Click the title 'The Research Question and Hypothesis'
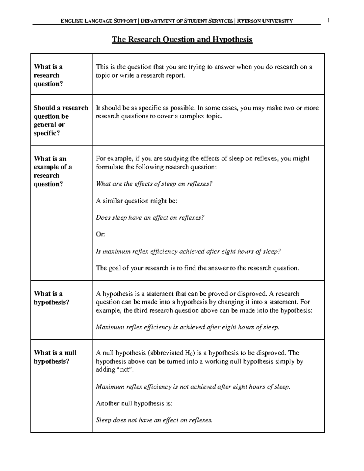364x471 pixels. [182, 40]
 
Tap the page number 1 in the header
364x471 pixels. [328, 21]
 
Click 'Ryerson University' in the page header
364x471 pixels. [265, 21]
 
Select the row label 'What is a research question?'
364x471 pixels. [49, 75]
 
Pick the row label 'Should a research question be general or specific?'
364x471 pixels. [61, 120]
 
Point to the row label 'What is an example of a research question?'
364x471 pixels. [53, 171]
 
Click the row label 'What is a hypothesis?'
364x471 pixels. [52, 298]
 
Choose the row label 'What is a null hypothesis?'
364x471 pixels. [55, 357]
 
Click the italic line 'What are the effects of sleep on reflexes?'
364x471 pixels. [154, 184]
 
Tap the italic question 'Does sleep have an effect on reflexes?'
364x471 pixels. [150, 217]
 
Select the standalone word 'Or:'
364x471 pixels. [100, 234]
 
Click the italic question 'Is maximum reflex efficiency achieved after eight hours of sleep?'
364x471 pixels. [188, 251]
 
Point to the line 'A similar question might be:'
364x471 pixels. [136, 201]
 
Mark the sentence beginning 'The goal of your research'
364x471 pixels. [197, 268]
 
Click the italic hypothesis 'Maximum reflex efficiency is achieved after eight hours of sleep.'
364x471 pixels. [187, 327]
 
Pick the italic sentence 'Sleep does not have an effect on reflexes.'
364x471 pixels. [154, 420]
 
